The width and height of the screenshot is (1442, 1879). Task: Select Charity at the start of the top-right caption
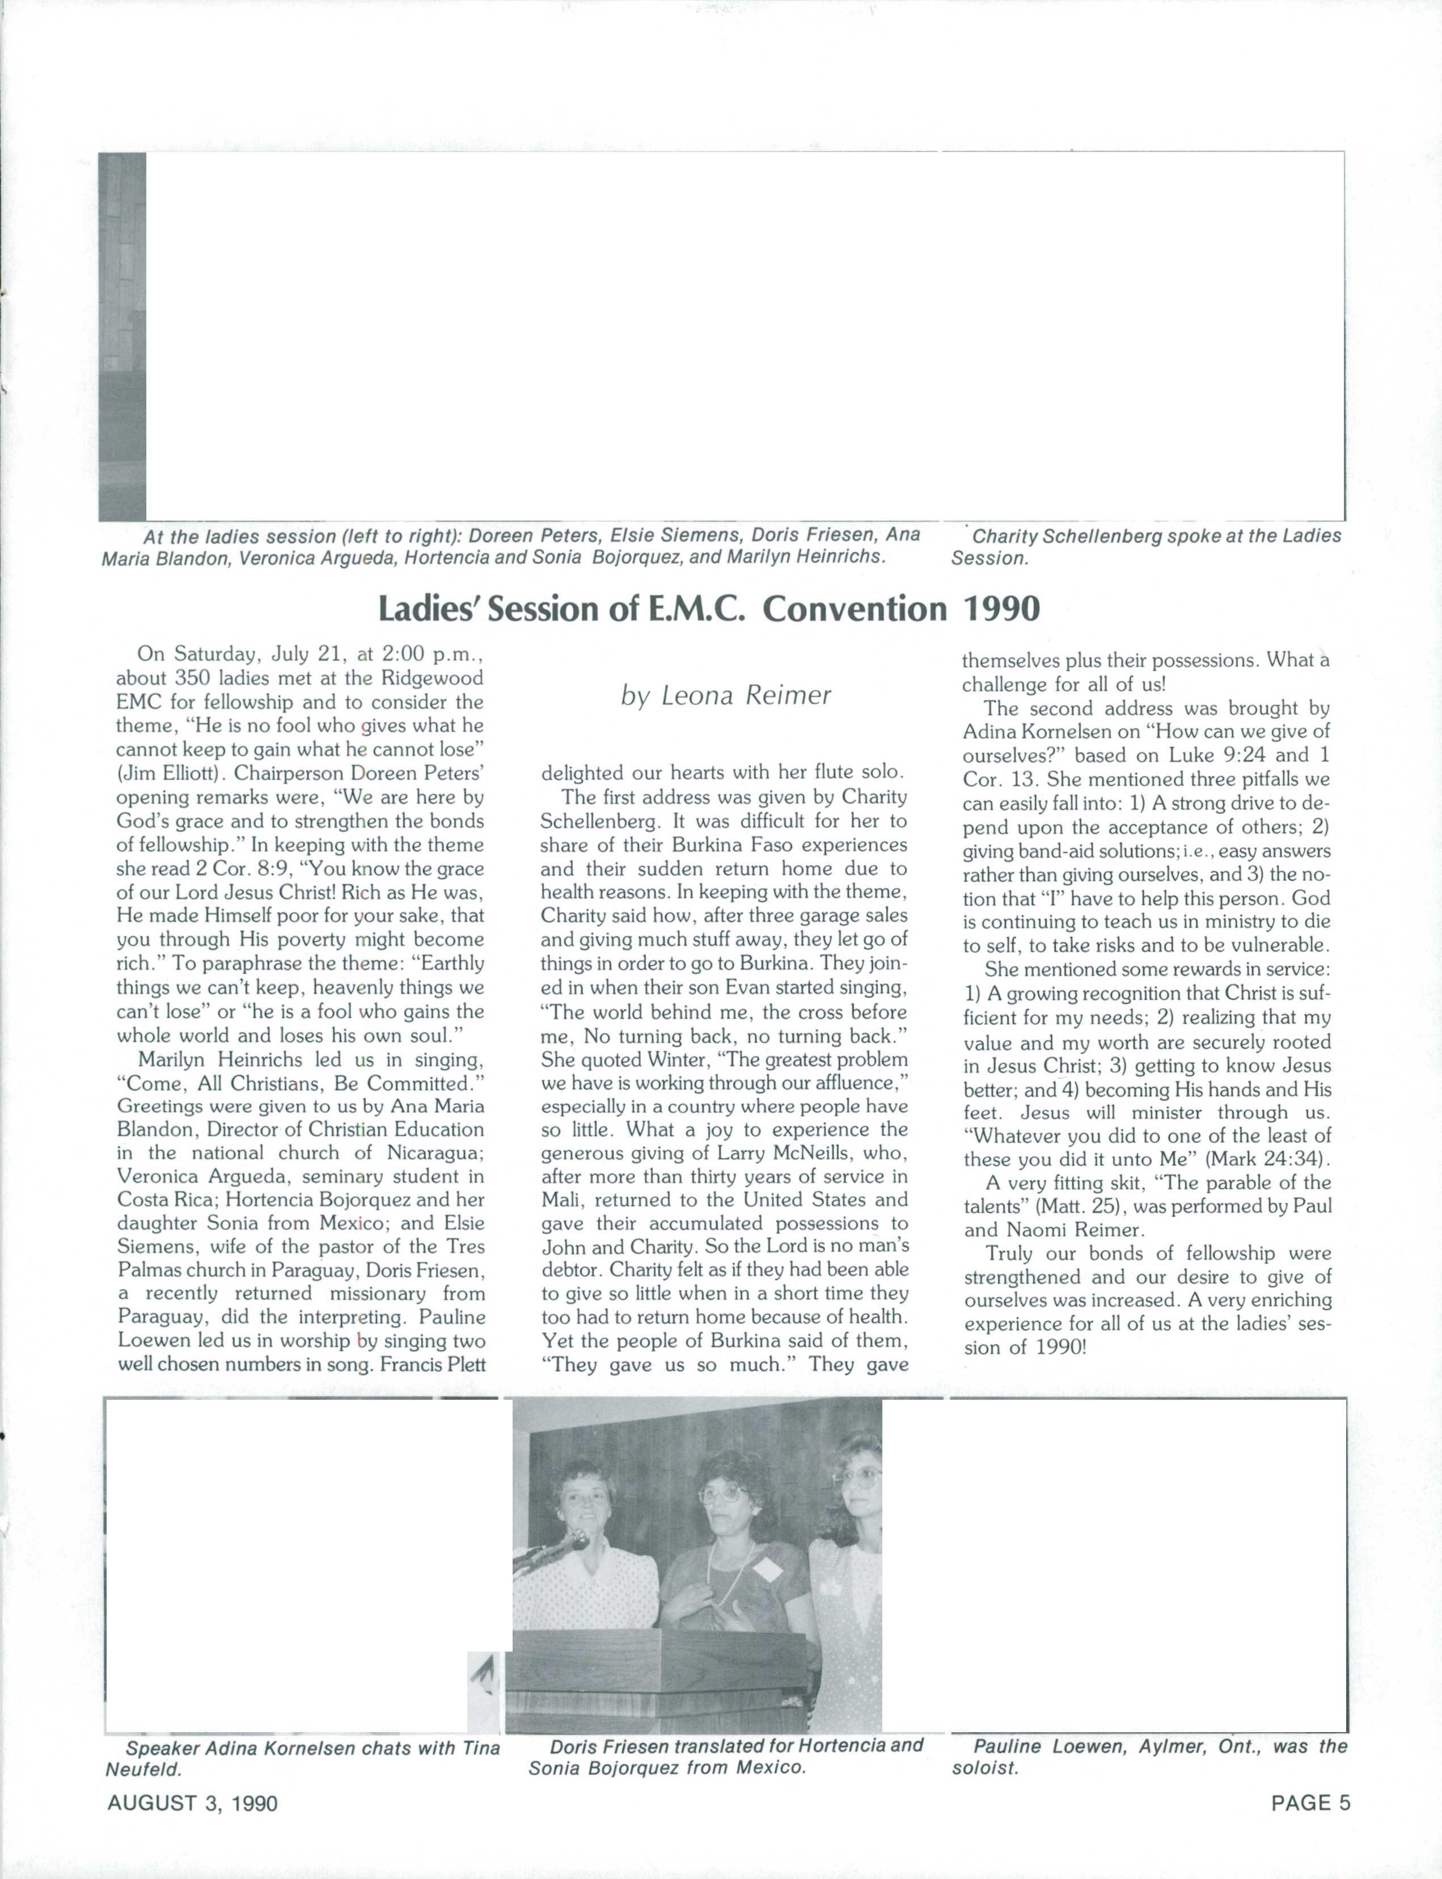(x=1009, y=537)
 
